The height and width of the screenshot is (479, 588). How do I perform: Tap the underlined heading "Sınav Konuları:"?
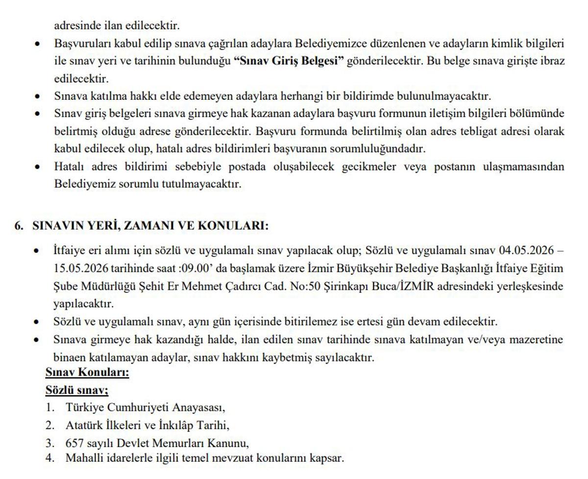click(87, 373)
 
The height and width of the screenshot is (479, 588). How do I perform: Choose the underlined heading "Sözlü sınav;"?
click(76, 390)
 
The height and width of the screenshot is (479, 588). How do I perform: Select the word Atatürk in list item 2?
click(83, 425)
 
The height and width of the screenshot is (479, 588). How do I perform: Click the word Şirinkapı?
click(345, 287)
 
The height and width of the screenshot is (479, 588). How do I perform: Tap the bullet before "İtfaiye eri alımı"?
click(37, 251)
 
